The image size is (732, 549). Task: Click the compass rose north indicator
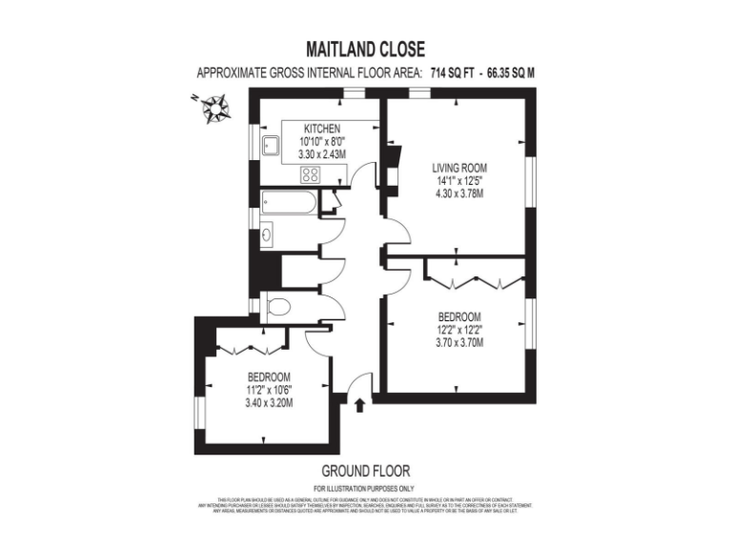pyautogui.click(x=214, y=107)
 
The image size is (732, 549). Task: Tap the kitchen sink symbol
pyautogui.click(x=271, y=146)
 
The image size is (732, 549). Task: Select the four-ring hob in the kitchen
pyautogui.click(x=310, y=173)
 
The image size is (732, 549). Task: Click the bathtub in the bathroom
pyautogui.click(x=288, y=202)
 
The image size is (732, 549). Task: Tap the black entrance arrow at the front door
pyautogui.click(x=359, y=406)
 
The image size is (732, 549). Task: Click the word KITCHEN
pyautogui.click(x=321, y=129)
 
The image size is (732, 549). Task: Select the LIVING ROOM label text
pyautogui.click(x=459, y=168)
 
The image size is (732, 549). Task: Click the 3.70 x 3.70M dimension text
pyautogui.click(x=459, y=343)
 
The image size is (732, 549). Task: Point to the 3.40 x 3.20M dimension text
pyautogui.click(x=269, y=402)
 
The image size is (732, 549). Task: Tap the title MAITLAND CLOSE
pyautogui.click(x=365, y=50)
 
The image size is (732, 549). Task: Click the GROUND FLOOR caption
pyautogui.click(x=365, y=471)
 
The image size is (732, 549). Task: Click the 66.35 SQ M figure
pyautogui.click(x=511, y=72)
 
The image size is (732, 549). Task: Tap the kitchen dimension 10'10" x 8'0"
pyautogui.click(x=321, y=141)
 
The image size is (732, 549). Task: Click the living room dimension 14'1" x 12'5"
pyautogui.click(x=459, y=180)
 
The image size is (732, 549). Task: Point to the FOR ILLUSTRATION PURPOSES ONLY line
pyautogui.click(x=365, y=488)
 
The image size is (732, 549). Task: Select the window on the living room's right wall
pyautogui.click(x=529, y=181)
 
